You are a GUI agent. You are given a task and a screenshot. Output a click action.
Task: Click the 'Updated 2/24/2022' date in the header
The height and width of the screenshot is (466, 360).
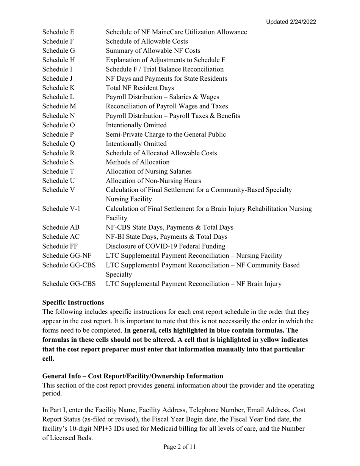coord(291,22)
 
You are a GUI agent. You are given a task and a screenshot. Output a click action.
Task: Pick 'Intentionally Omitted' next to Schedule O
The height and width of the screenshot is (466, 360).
coord(136,125)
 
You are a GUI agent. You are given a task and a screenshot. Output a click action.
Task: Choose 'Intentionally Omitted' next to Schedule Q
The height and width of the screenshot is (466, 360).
coord(136,144)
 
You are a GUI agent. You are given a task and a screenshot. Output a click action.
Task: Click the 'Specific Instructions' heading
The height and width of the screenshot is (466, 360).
coord(73,302)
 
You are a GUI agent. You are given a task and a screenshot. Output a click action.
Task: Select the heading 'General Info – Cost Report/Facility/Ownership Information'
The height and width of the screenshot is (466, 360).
coord(133,376)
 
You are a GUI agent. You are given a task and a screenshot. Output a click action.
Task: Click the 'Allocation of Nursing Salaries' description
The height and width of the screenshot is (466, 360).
coord(149,172)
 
